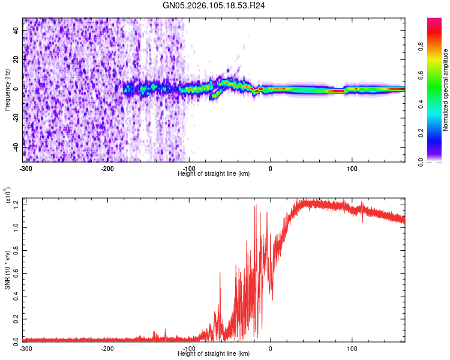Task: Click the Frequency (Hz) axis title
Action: pyautogui.click(x=7, y=89)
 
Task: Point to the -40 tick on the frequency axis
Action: pyautogui.click(x=16, y=146)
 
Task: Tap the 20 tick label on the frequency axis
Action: pyautogui.click(x=16, y=59)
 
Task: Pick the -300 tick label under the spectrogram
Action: pyautogui.click(x=26, y=168)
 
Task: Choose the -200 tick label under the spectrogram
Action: pyautogui.click(x=107, y=168)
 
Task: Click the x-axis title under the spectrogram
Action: pyautogui.click(x=214, y=173)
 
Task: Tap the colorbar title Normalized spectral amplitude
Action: pyautogui.click(x=446, y=90)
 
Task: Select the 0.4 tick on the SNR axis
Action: pyautogui.click(x=16, y=295)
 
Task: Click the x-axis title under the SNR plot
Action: pyautogui.click(x=214, y=353)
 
